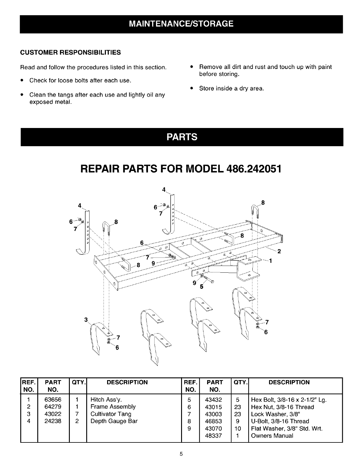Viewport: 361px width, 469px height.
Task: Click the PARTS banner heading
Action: click(182, 137)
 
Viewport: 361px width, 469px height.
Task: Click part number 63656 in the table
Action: click(53, 399)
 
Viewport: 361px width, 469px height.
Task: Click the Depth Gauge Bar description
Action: click(114, 421)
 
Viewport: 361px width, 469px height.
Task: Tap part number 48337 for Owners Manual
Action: click(214, 436)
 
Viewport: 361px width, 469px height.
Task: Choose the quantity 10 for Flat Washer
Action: click(238, 428)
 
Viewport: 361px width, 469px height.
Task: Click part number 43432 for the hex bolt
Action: click(214, 399)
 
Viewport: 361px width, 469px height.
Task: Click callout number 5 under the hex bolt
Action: click(202, 287)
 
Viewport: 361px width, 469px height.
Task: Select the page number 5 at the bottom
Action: click(181, 455)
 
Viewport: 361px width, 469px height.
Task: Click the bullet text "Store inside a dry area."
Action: click(232, 89)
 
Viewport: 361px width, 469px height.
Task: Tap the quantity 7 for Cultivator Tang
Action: click(77, 414)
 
